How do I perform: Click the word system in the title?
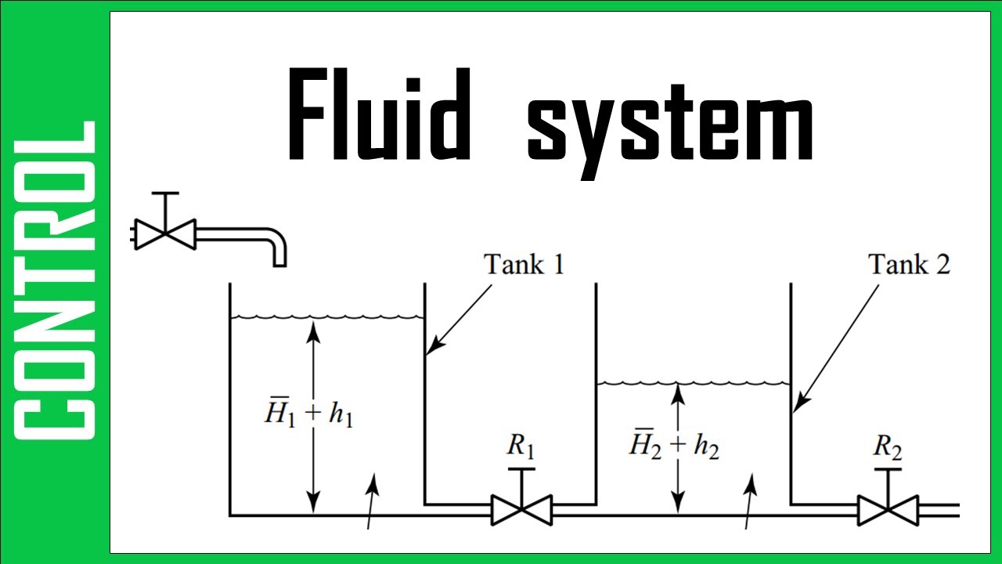click(x=670, y=125)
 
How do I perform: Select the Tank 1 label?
click(x=524, y=264)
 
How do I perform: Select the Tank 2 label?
click(x=909, y=264)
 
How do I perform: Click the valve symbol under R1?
click(x=521, y=510)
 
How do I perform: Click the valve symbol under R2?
click(x=888, y=510)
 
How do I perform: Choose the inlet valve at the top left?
click(x=164, y=233)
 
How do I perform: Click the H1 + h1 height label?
click(x=308, y=415)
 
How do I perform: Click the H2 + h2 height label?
click(x=674, y=446)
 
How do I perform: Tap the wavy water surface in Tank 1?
click(x=326, y=317)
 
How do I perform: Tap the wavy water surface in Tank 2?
click(x=693, y=383)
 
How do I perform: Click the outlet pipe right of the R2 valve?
click(x=939, y=510)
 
